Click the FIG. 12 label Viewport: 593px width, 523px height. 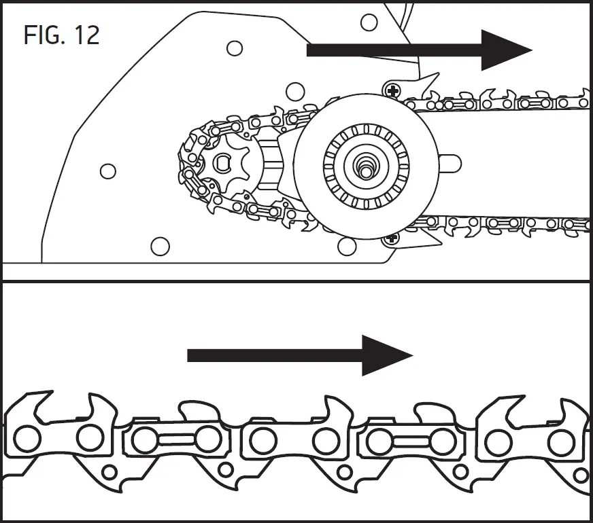tap(61, 35)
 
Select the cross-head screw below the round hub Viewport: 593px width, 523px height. tap(391, 238)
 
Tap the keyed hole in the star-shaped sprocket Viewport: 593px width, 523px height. tap(222, 161)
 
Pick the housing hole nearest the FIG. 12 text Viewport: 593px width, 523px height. tap(234, 48)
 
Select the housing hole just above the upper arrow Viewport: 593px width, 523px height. tap(369, 22)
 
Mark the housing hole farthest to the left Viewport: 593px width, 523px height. tap(107, 171)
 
